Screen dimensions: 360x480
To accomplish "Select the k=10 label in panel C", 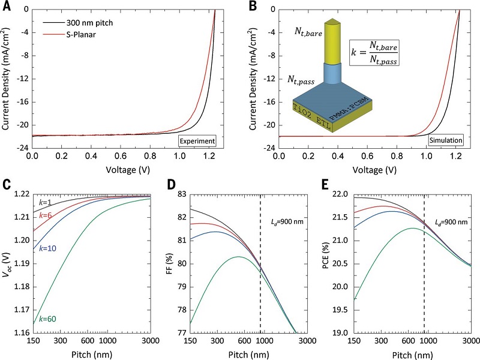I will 49,248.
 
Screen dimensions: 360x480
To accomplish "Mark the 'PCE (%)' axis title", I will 323,263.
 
